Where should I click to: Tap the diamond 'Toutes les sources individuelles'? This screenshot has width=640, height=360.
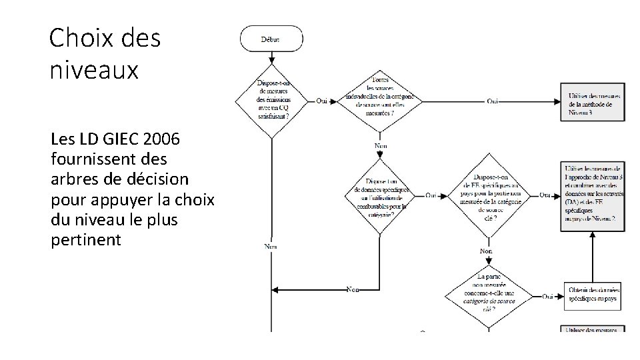tap(380, 100)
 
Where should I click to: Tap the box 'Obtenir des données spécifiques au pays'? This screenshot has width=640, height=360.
tap(593, 295)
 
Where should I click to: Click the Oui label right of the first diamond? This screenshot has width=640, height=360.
tap(323, 101)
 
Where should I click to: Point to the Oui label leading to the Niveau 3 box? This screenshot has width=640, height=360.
tap(492, 101)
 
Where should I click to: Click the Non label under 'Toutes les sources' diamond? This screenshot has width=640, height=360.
tap(381, 145)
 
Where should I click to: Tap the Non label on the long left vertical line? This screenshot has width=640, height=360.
tap(271, 245)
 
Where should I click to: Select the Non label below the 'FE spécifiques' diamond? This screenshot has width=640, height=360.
tap(486, 251)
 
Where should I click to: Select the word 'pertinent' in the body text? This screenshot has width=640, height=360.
tap(86, 239)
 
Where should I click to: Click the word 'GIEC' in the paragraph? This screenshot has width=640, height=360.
tap(101, 141)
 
